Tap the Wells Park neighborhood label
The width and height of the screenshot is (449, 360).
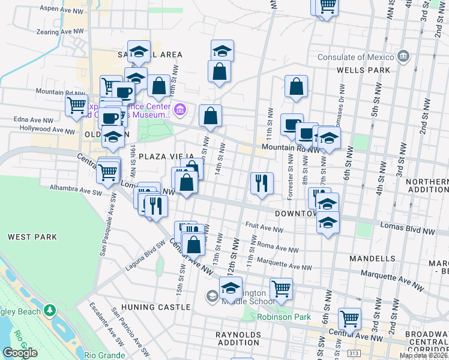[x=364, y=70]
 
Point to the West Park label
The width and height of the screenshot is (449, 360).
[x=32, y=237]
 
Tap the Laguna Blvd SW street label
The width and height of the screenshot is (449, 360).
[x=145, y=256]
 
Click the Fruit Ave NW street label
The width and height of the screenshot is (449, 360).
[x=264, y=229]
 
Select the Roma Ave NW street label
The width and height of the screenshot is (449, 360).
[x=277, y=247]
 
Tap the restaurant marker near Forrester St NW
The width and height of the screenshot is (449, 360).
[x=262, y=183]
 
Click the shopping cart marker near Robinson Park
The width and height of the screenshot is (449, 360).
[x=281, y=289]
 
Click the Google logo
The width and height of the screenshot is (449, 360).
[x=20, y=353]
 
